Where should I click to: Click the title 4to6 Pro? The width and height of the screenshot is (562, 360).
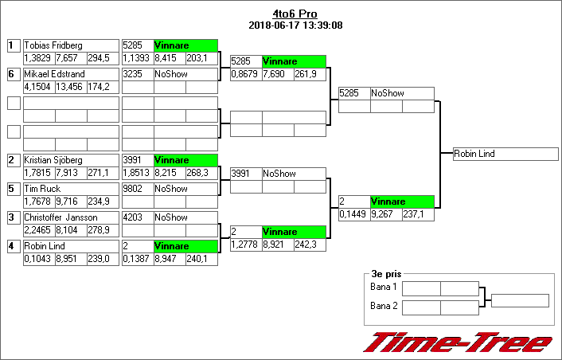click(x=295, y=14)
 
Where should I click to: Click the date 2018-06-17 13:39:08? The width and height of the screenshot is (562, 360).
click(x=295, y=25)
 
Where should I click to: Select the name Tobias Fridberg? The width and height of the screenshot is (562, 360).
click(x=53, y=45)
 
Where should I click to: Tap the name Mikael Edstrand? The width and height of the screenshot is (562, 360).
click(x=53, y=74)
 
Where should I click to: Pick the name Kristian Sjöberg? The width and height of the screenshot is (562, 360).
click(x=54, y=160)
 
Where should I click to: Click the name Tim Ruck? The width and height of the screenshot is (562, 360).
click(x=43, y=189)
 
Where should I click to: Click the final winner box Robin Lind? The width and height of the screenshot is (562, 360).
click(x=505, y=154)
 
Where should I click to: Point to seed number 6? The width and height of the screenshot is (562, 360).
click(x=13, y=74)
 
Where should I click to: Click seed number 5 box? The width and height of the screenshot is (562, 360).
click(x=13, y=189)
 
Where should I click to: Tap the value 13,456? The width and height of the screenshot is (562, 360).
click(x=71, y=86)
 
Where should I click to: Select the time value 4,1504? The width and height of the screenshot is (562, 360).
click(x=38, y=86)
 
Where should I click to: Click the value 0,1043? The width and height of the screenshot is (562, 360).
click(x=38, y=258)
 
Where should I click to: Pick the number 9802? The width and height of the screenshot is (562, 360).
click(x=133, y=189)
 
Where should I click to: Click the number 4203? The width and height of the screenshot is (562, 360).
click(x=133, y=217)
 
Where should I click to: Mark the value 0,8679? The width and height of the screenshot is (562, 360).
click(x=245, y=73)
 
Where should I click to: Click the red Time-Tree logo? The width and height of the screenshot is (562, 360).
click(x=457, y=342)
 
